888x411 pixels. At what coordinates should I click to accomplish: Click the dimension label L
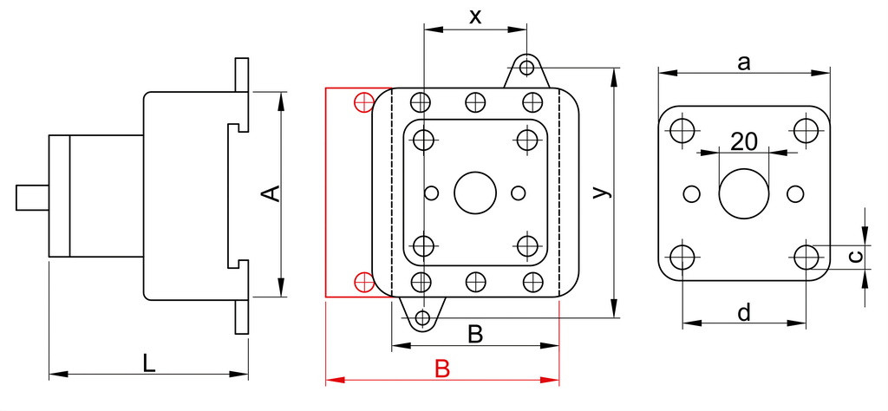pos(148,363)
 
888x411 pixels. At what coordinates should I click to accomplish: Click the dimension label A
pos(271,193)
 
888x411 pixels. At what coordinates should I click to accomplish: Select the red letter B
pos(442,369)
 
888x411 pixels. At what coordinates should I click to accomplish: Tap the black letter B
pos(475,335)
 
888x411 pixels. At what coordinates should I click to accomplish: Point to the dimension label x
pos(475,17)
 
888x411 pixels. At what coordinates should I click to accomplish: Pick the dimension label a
pos(743,62)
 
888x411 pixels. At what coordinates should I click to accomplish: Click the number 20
pos(743,141)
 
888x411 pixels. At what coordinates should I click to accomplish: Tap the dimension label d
pos(744,312)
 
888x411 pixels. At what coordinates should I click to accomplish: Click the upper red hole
pos(363,102)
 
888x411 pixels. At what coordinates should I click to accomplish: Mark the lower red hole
pos(363,281)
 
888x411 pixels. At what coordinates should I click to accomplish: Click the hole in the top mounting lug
pos(526,68)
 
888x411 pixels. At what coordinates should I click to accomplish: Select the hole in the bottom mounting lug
pos(422,317)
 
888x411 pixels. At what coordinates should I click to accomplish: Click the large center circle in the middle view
pos(475,193)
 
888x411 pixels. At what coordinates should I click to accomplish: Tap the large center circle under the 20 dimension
pos(743,193)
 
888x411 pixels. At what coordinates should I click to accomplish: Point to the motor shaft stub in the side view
pos(32,198)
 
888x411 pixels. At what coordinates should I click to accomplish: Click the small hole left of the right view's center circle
pos(691,194)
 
